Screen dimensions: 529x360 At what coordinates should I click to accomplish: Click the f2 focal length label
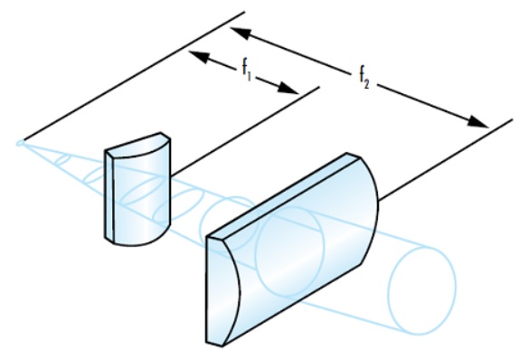[364, 78]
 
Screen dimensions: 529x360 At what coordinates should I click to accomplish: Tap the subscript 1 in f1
[250, 76]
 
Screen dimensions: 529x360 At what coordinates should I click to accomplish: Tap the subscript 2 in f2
[367, 84]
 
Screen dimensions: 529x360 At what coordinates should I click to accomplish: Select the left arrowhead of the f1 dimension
[199, 56]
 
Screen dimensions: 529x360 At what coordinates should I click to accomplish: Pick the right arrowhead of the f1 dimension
[288, 89]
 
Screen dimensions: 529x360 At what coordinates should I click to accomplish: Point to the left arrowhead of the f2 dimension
[241, 33]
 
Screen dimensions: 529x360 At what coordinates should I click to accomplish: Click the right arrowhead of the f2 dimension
[477, 122]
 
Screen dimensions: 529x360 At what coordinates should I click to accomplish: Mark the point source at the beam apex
[20, 143]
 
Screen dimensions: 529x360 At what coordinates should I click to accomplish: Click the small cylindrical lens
[137, 189]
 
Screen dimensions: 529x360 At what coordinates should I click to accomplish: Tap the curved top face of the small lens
[138, 146]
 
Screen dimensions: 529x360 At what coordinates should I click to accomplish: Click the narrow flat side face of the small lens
[109, 195]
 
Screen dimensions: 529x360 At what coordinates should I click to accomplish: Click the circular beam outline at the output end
[422, 290]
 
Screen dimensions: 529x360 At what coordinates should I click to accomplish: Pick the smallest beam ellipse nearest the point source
[62, 159]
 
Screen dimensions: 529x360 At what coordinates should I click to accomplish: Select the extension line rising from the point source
[134, 76]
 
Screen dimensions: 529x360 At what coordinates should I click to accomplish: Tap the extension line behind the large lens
[446, 160]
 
